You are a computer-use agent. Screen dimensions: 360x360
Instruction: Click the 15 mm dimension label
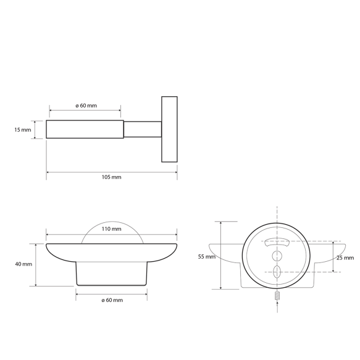(x=23, y=130)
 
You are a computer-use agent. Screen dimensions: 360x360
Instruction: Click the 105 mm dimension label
(x=111, y=177)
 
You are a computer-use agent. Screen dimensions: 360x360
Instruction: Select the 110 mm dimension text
(x=111, y=229)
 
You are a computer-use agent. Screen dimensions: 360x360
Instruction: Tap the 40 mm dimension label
(x=23, y=264)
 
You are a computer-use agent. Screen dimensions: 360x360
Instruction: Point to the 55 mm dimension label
(x=207, y=257)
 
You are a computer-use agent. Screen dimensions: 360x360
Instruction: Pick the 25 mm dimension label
(x=345, y=258)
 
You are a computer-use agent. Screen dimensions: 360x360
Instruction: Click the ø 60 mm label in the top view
(x=86, y=106)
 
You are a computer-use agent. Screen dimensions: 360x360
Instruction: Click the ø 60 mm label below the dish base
(x=112, y=300)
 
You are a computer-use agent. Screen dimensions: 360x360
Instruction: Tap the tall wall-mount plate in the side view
(x=169, y=129)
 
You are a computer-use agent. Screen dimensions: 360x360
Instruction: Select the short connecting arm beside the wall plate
(x=143, y=129)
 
